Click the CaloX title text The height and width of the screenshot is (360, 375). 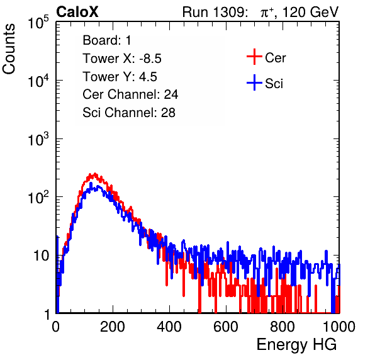(77, 12)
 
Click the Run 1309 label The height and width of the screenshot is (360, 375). (215, 12)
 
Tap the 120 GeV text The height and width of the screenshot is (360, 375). (311, 12)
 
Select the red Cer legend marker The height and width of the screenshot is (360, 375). (254, 57)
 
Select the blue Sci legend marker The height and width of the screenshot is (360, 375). (254, 82)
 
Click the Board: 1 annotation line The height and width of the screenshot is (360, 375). (107, 40)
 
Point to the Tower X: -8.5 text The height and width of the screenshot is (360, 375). (122, 59)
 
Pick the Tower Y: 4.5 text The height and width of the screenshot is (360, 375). (120, 77)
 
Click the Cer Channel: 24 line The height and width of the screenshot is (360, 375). (130, 94)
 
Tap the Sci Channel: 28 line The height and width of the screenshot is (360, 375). (129, 113)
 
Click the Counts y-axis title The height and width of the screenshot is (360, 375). (9, 49)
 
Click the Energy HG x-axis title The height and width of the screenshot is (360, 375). (296, 345)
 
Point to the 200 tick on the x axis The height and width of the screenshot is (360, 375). (113, 327)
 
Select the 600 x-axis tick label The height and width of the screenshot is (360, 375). (226, 327)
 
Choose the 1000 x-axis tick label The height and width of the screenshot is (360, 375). (339, 327)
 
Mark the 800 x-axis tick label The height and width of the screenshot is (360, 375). (283, 327)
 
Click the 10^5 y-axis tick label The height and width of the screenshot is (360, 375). (38, 23)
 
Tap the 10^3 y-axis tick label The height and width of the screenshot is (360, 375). (38, 139)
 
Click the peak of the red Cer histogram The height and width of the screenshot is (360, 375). (95, 174)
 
